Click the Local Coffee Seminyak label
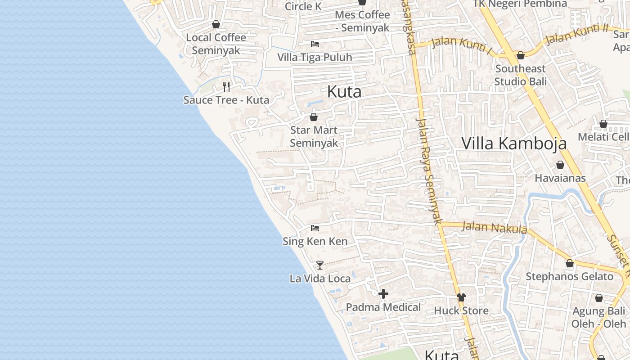tap(216, 44)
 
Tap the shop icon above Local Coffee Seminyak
tap(216, 24)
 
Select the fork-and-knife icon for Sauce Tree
tap(226, 86)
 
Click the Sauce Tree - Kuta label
tap(226, 100)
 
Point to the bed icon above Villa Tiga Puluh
tap(315, 44)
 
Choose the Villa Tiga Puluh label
tap(315, 58)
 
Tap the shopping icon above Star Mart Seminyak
tap(314, 117)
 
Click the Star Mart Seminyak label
tap(314, 136)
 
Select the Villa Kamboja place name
tap(514, 143)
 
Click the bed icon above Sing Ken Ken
tap(315, 228)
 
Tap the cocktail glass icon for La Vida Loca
tap(320, 265)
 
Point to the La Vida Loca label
tap(320, 279)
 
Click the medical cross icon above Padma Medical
tap(383, 294)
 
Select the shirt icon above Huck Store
tap(461, 297)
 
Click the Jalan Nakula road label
tap(494, 227)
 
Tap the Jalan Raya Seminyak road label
tap(428, 171)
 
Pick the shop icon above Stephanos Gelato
tap(570, 263)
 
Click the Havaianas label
tap(560, 178)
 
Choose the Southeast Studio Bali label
tap(521, 75)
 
